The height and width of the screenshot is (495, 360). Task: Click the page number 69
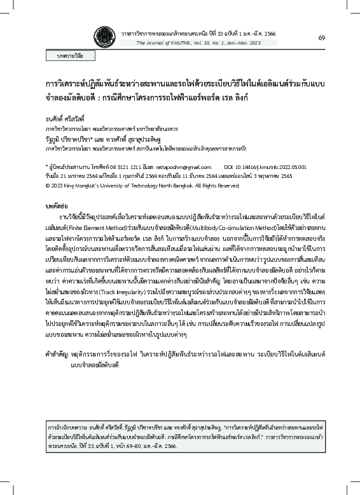(322, 38)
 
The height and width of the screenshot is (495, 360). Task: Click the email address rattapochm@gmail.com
(184, 166)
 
